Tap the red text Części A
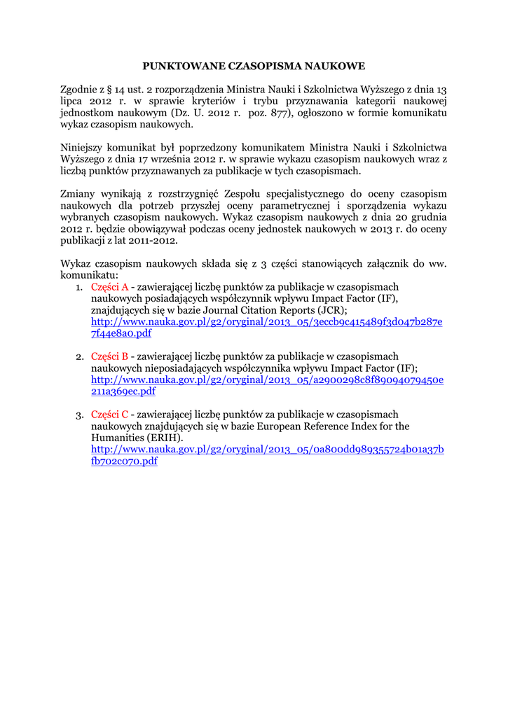coord(109,286)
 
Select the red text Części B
coord(109,356)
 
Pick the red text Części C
coord(109,415)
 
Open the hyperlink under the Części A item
coord(266,321)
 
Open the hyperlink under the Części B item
coord(266,380)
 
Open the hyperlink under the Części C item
coord(266,449)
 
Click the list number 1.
coord(79,286)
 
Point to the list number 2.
coord(79,356)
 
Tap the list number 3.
coord(79,415)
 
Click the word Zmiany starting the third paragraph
coord(78,193)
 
